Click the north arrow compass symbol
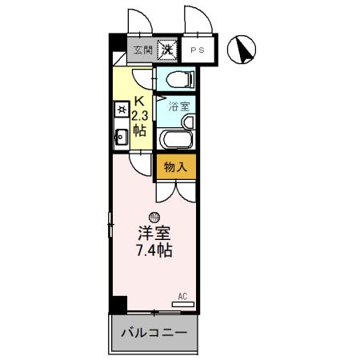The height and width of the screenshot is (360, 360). (240, 51)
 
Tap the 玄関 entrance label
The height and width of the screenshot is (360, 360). (142, 50)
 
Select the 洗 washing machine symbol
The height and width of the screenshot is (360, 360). (167, 50)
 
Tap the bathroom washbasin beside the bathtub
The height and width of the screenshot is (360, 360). (189, 122)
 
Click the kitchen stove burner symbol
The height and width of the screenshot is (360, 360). (121, 108)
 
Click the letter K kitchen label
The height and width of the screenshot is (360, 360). (138, 101)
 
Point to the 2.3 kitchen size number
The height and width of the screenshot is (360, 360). (138, 115)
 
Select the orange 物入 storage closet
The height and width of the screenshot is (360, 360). (175, 166)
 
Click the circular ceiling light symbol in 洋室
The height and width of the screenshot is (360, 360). (154, 216)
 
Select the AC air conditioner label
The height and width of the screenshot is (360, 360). (182, 296)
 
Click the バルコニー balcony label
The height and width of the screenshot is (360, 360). (154, 332)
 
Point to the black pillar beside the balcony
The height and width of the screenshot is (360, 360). (118, 305)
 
